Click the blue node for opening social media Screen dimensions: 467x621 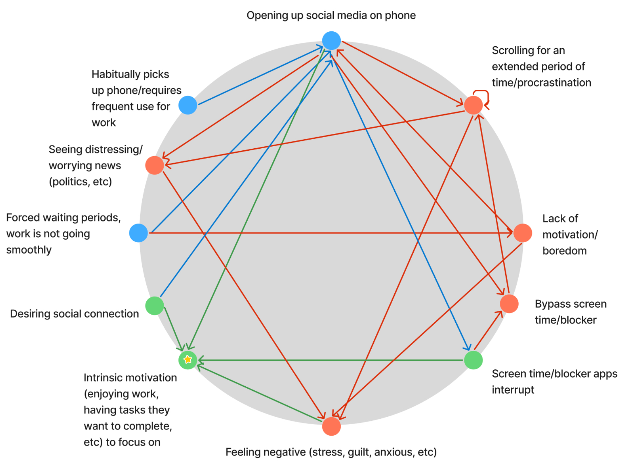[331, 41]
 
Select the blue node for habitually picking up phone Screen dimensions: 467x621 [188, 105]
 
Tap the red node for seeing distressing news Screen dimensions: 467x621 [154, 165]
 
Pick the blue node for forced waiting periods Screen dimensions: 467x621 [138, 233]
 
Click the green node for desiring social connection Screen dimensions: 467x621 [154, 306]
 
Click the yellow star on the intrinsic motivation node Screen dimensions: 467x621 [188, 359]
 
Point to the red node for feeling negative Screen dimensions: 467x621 [331, 426]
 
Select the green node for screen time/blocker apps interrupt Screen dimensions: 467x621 [473, 360]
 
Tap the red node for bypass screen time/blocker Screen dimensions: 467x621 [509, 304]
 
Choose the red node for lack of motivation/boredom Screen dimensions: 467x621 [522, 233]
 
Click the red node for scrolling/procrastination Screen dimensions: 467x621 [473, 105]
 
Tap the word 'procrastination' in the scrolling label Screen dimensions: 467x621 [555, 83]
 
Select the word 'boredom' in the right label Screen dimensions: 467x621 [564, 251]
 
